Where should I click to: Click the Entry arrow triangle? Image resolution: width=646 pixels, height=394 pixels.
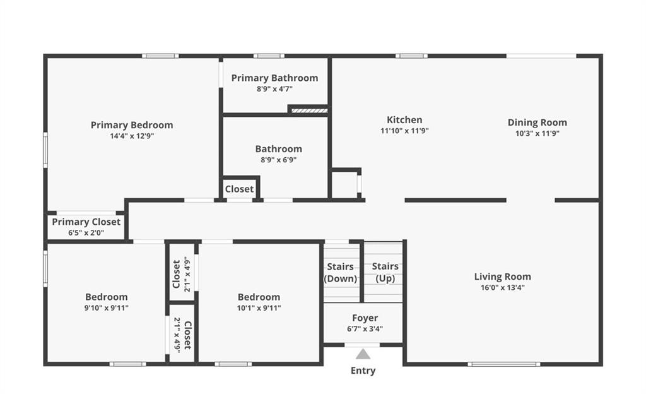[x=363, y=354]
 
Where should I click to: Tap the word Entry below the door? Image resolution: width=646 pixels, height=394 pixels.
[x=363, y=371]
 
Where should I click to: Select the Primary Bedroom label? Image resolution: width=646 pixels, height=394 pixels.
[x=132, y=125]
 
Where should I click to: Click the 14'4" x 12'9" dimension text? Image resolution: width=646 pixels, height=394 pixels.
[x=132, y=136]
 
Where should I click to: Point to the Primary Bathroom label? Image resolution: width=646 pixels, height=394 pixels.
[x=274, y=78]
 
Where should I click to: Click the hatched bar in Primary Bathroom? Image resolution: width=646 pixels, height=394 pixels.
[x=309, y=110]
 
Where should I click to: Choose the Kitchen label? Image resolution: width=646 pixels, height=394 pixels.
[x=404, y=120]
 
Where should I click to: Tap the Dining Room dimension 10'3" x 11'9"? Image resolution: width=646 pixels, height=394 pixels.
[x=537, y=133]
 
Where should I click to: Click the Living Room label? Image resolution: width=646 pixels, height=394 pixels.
[x=503, y=277]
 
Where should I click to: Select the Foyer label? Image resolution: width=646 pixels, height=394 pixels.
[x=365, y=318]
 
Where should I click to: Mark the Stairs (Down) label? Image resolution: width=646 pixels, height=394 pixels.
[x=340, y=273]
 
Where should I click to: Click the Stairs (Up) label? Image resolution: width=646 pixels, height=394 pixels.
[x=385, y=272]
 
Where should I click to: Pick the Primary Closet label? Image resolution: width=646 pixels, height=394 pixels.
[x=86, y=222]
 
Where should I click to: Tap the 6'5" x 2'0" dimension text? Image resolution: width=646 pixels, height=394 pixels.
[x=86, y=233]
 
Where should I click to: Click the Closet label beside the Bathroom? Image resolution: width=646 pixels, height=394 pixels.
[x=239, y=189]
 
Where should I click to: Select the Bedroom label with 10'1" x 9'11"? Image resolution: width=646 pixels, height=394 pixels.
[x=259, y=297]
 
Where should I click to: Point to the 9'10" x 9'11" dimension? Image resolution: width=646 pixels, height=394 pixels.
[x=106, y=308]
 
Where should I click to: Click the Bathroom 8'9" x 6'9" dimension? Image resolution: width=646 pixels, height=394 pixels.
[x=278, y=160]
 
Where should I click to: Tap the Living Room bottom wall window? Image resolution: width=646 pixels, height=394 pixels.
[x=504, y=364]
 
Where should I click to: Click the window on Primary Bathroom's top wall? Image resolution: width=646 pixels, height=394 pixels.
[x=269, y=56]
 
